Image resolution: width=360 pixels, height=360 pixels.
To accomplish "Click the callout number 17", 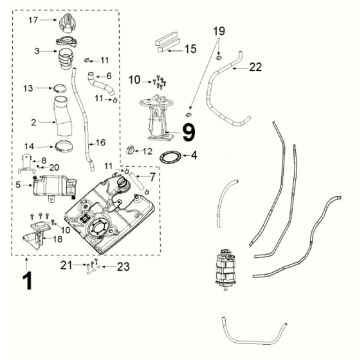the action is pyautogui.click(x=33, y=20).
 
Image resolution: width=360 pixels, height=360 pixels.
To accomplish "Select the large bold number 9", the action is pyautogui.click(x=188, y=132).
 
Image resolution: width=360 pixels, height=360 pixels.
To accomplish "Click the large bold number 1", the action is pyautogui.click(x=27, y=281).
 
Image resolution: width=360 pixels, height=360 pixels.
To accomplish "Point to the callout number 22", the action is pyautogui.click(x=255, y=67).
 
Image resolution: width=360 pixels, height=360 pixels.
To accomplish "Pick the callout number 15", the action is pyautogui.click(x=191, y=49).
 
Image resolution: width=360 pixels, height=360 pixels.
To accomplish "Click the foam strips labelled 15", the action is pyautogui.click(x=167, y=42).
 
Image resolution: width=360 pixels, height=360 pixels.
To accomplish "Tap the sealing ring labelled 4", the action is pyautogui.click(x=171, y=157).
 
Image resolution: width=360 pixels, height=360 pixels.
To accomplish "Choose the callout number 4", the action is pyautogui.click(x=194, y=155).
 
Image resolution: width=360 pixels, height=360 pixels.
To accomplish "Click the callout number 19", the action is pyautogui.click(x=219, y=31).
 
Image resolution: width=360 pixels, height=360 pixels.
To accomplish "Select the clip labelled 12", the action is pyautogui.click(x=130, y=150).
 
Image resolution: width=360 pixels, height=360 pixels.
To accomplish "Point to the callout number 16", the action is pyautogui.click(x=100, y=143).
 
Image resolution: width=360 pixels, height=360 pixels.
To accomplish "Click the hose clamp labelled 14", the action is pyautogui.click(x=63, y=146).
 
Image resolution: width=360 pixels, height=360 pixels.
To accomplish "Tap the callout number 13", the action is pyautogui.click(x=28, y=88).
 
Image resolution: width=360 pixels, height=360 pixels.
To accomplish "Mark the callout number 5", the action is pyautogui.click(x=18, y=184).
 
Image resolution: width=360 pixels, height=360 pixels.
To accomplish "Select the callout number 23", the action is pyautogui.click(x=122, y=267).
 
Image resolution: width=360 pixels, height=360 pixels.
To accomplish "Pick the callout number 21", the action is pyautogui.click(x=66, y=265).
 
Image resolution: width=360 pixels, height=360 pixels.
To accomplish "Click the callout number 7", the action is pyautogui.click(x=152, y=177).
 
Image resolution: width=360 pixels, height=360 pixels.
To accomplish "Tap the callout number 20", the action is pyautogui.click(x=54, y=167).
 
